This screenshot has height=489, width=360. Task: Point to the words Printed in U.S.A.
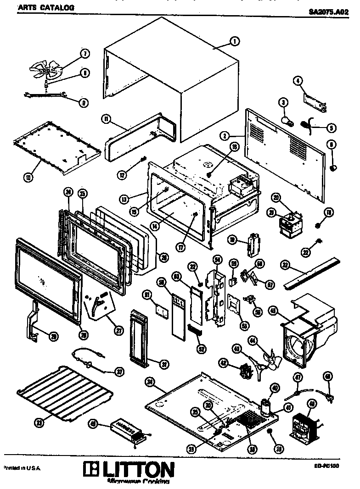(22, 468)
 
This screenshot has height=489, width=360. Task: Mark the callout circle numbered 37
(119, 372)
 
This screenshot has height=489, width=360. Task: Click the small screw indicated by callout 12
(142, 159)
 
